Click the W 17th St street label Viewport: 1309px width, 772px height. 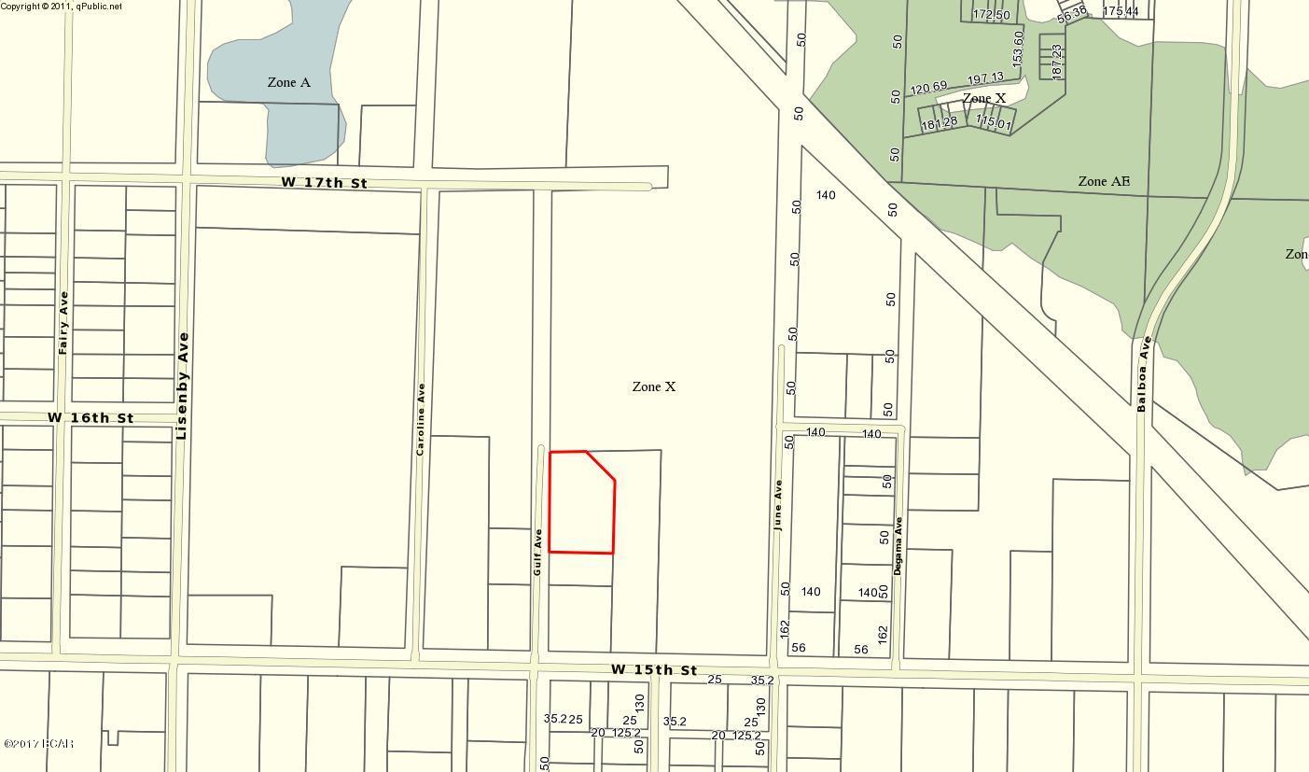[324, 182]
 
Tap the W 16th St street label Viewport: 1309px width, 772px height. [91, 417]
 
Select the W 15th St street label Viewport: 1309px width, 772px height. [654, 670]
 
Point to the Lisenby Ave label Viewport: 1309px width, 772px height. [182, 386]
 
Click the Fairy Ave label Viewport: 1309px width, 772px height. [63, 323]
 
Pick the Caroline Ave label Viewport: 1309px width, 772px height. [422, 419]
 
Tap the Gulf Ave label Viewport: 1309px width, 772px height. [538, 551]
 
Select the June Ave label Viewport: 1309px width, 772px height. [778, 505]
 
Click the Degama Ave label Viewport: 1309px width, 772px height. [898, 545]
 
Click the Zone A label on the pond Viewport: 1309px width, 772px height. [288, 82]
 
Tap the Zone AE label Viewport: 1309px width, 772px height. [1104, 181]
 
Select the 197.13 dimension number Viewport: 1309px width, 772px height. [985, 78]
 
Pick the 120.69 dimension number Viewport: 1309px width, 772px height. [928, 89]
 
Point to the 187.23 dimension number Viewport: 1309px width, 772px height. [1057, 61]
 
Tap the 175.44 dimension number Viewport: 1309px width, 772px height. [1121, 11]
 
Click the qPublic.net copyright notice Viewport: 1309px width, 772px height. [62, 6]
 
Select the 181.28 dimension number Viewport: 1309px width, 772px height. [940, 123]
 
